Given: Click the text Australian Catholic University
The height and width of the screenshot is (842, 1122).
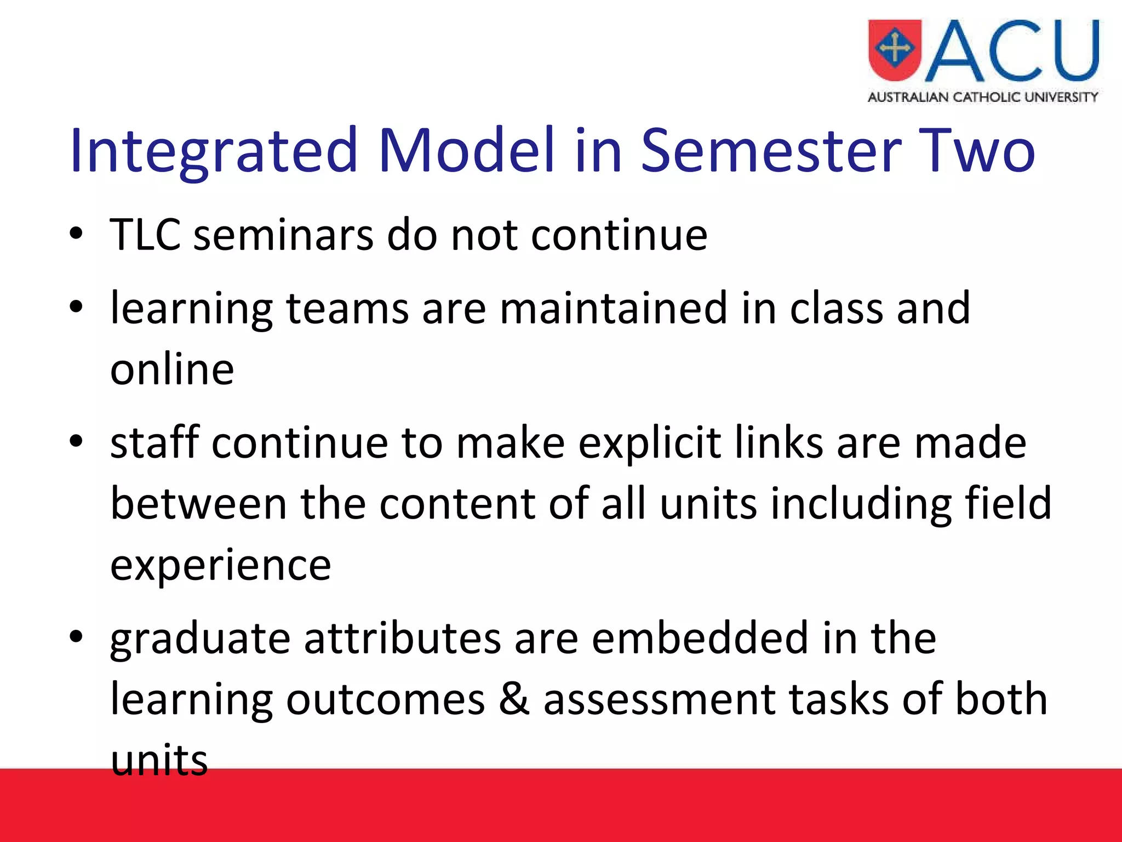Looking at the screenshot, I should pyautogui.click(x=983, y=98).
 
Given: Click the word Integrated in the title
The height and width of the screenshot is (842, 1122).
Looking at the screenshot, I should pyautogui.click(x=214, y=150).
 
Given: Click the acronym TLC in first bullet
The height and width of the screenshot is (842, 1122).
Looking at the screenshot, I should pyautogui.click(x=145, y=235).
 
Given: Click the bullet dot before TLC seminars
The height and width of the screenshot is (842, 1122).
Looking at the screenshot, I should pyautogui.click(x=76, y=235).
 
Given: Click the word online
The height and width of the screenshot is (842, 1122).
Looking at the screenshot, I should pyautogui.click(x=172, y=369).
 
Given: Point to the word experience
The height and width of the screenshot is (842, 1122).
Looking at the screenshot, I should pyautogui.click(x=220, y=565).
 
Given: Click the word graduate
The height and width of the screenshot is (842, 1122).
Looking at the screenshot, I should pyautogui.click(x=200, y=639).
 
